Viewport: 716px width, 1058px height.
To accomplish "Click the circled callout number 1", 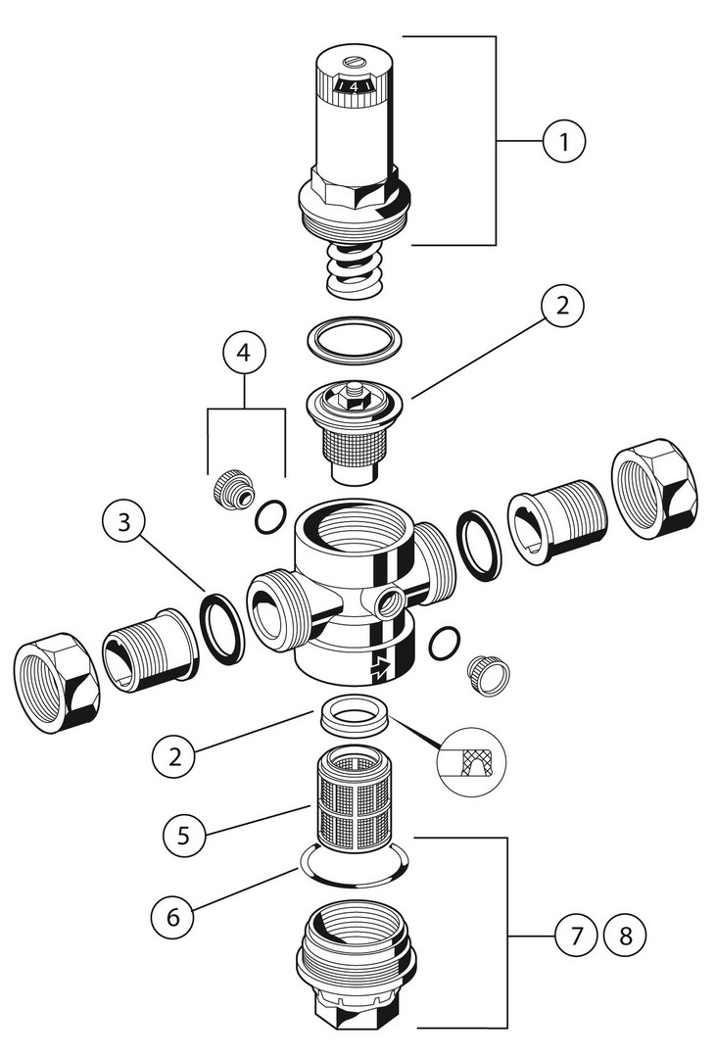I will click(x=564, y=142).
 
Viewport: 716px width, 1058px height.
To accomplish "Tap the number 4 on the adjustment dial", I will click(x=353, y=87).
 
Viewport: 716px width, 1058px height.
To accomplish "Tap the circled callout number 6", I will click(x=173, y=917).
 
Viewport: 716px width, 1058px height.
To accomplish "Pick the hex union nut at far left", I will click(x=56, y=682).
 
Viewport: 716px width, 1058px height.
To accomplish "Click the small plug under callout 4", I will click(x=231, y=487).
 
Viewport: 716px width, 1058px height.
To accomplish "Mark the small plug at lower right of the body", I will click(x=485, y=673).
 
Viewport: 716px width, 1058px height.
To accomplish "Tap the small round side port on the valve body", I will click(x=389, y=602).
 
